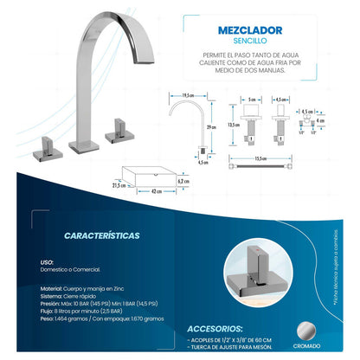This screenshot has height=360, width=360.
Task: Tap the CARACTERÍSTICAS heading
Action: click(x=101, y=235)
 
